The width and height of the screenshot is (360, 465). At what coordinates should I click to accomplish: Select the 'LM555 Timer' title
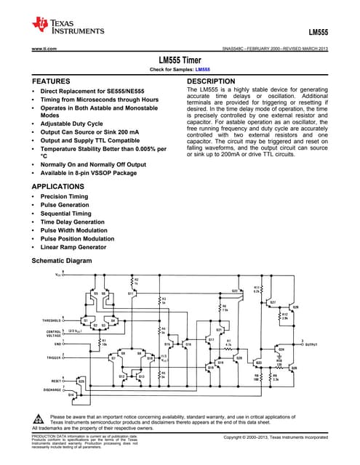180,61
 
